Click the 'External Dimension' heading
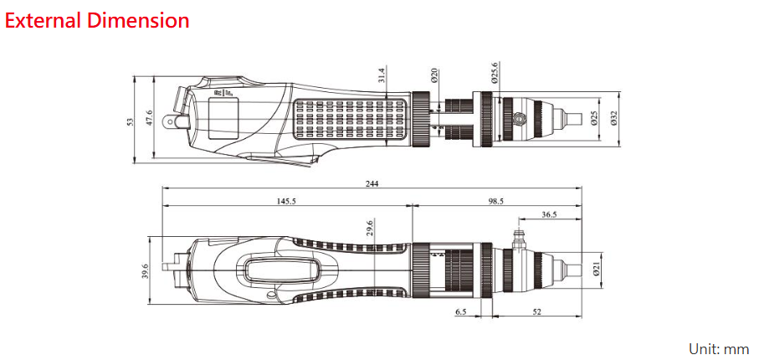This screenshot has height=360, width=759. coord(97,20)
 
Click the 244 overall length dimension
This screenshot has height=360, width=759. coord(371,184)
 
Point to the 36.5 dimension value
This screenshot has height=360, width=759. coord(550,215)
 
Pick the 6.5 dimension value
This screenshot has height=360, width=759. coord(461,311)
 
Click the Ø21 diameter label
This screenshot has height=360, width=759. coord(596,268)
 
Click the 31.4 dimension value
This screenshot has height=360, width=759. coord(382,76)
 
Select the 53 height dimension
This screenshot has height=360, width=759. coord(130,121)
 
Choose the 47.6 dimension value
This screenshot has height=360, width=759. coord(149,119)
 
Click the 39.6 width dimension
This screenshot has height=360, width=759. coord(145,270)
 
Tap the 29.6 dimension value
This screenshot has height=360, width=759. coord(369,228)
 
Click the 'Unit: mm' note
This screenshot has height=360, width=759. coord(718,348)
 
